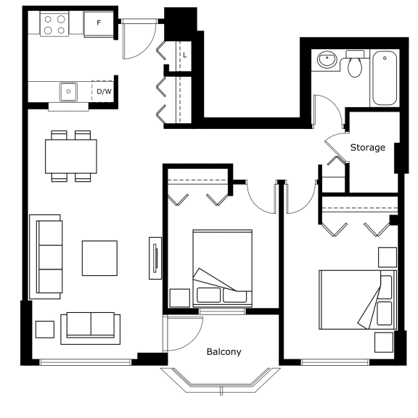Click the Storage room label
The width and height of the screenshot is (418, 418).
tap(367, 147)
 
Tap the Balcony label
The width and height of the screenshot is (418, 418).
tap(224, 352)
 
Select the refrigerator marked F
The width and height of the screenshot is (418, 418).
tap(99, 24)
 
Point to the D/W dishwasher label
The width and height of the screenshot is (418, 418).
tap(104, 92)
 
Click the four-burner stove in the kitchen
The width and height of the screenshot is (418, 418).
tap(54, 24)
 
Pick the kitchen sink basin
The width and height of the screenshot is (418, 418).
tap(68, 92)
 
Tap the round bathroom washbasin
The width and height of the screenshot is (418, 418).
tap(327, 59)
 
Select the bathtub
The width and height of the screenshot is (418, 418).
tap(385, 78)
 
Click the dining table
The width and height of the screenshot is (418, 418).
tap(71, 156)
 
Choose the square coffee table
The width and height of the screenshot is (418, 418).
tap(99, 258)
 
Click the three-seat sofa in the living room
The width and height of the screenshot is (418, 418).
tap(46, 256)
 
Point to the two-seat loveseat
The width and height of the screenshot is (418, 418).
tap(90, 328)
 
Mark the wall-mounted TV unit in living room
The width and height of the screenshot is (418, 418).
tap(155, 258)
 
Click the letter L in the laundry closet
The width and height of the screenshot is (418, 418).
tap(185, 55)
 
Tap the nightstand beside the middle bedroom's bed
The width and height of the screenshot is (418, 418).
tap(180, 298)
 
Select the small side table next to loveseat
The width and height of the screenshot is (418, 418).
tap(45, 330)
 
